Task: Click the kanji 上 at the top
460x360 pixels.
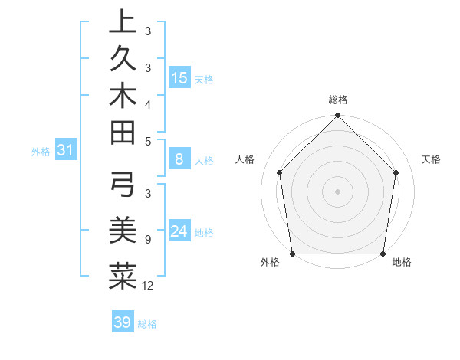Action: pyautogui.click(x=123, y=22)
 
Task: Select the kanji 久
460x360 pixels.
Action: pyautogui.click(x=123, y=59)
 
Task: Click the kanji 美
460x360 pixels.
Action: pyautogui.click(x=123, y=227)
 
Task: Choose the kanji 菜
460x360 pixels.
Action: pyautogui.click(x=123, y=275)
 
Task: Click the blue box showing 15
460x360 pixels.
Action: pyautogui.click(x=179, y=78)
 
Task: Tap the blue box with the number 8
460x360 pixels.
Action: pyautogui.click(x=179, y=160)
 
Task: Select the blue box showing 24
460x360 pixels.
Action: pyautogui.click(x=179, y=231)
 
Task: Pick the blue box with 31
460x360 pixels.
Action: pyautogui.click(x=66, y=151)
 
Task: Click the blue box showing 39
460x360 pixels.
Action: pyautogui.click(x=123, y=322)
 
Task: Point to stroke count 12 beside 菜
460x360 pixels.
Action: pyautogui.click(x=148, y=286)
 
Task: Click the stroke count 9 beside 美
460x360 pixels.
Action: pyautogui.click(x=147, y=239)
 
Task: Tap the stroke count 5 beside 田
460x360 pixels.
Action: pyautogui.click(x=147, y=141)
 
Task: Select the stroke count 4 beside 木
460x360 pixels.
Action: pyautogui.click(x=147, y=103)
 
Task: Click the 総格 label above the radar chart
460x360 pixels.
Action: pyautogui.click(x=338, y=100)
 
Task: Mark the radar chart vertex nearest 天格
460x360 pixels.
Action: pyautogui.click(x=396, y=172)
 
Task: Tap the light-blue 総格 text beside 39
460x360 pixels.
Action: pyautogui.click(x=147, y=324)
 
